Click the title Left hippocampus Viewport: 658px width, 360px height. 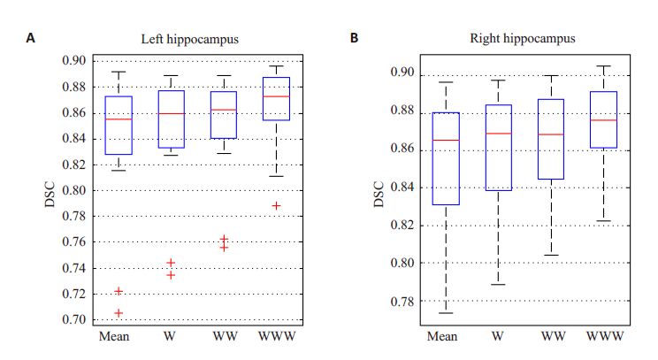[x=196, y=39]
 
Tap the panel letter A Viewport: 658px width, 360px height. [x=33, y=38]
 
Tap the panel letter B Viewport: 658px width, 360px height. [x=355, y=38]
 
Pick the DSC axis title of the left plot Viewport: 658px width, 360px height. [x=50, y=190]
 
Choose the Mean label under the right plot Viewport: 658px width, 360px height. [x=442, y=337]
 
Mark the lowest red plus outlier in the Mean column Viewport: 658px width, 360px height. [x=119, y=312]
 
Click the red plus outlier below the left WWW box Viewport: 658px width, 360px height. [x=276, y=205]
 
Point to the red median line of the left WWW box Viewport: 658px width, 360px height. [x=276, y=96]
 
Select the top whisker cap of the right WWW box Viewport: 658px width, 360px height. [x=604, y=65]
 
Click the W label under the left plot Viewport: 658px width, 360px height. [x=171, y=337]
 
